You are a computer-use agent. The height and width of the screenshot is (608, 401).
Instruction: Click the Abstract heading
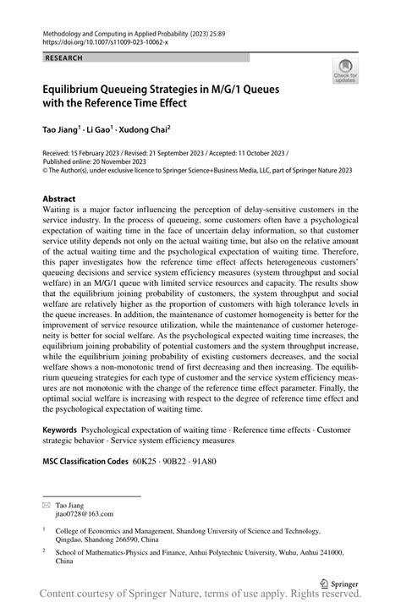click(x=64, y=200)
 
